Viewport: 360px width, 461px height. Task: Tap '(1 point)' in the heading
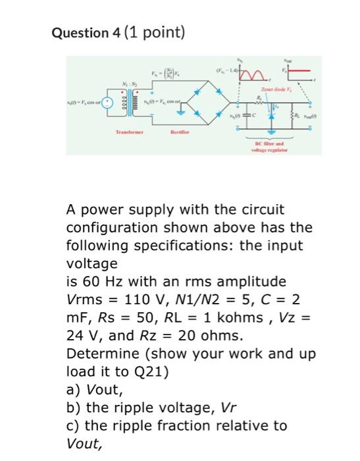[149, 32]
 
